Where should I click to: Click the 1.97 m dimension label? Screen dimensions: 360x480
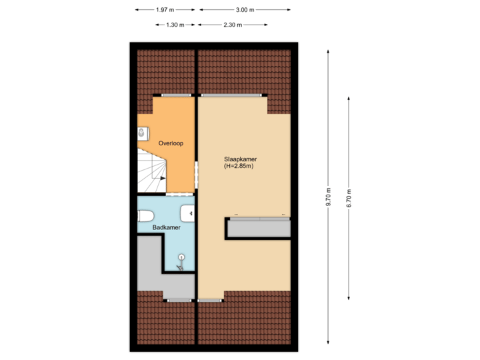point(165,10)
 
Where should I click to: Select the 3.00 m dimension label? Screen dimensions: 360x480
point(245,10)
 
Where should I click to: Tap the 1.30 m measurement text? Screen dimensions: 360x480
point(175,25)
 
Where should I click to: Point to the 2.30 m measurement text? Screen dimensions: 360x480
point(233,25)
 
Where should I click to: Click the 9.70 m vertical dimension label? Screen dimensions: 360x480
point(328,197)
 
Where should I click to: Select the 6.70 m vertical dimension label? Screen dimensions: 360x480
point(349,197)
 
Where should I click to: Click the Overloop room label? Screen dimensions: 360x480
point(171,143)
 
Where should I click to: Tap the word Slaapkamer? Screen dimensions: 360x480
point(241,160)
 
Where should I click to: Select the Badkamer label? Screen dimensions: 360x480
point(166,228)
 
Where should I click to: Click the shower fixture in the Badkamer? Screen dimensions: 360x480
point(181,262)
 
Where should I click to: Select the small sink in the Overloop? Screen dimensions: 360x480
point(141,133)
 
